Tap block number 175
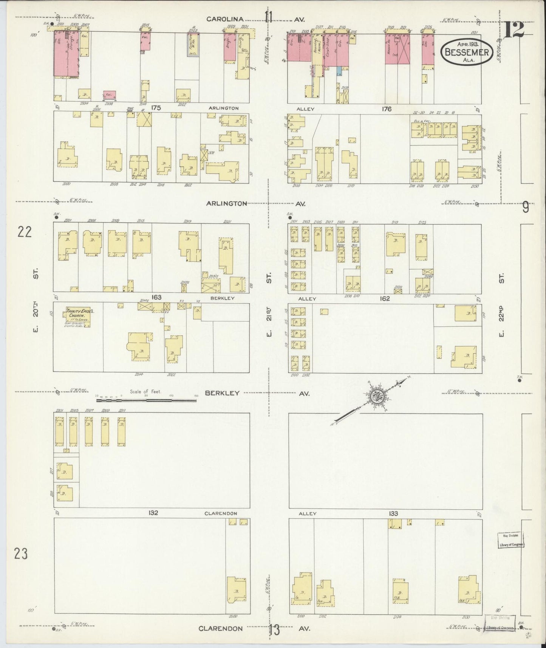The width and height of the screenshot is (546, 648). tap(156, 108)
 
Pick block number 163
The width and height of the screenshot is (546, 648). tap(156, 297)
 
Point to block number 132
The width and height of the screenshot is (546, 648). tap(153, 513)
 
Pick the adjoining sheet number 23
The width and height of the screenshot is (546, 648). tap(21, 554)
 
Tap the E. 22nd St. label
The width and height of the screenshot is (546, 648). tap(501, 306)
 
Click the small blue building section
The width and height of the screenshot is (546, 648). tap(339, 70)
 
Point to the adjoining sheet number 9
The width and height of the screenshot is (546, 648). tap(526, 208)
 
